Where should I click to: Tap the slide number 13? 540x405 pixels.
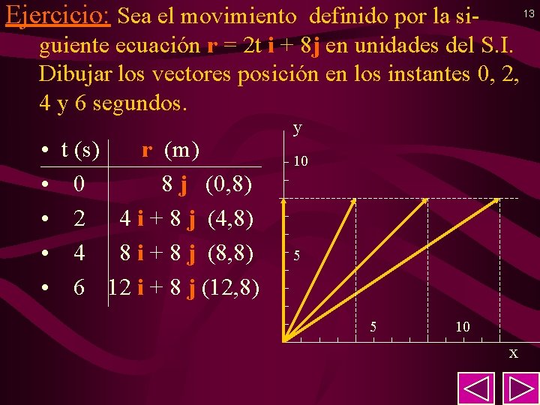click(x=529, y=13)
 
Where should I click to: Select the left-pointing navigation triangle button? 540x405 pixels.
click(x=476, y=387)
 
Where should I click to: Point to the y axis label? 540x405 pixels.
click(x=298, y=128)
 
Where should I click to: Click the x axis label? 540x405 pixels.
click(x=513, y=352)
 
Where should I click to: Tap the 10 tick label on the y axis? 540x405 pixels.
click(x=300, y=161)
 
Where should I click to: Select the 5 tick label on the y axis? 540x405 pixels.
click(x=298, y=256)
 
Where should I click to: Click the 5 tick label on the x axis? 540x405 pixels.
click(x=373, y=327)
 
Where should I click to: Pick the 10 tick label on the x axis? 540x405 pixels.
click(x=462, y=327)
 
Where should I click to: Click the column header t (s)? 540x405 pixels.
click(x=80, y=150)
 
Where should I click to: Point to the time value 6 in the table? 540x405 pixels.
click(x=79, y=288)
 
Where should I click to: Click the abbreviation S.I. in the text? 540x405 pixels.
click(x=492, y=46)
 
